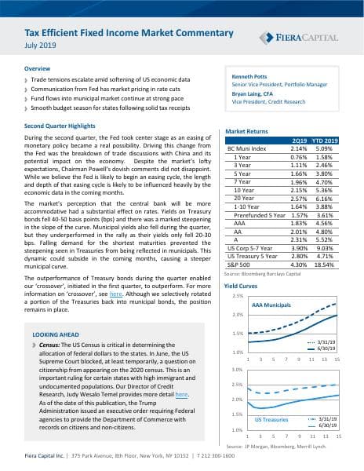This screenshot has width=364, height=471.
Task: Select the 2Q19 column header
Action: [x=299, y=140]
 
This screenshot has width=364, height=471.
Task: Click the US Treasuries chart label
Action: [x=272, y=420]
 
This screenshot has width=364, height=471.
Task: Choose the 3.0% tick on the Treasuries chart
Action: [x=236, y=370]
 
